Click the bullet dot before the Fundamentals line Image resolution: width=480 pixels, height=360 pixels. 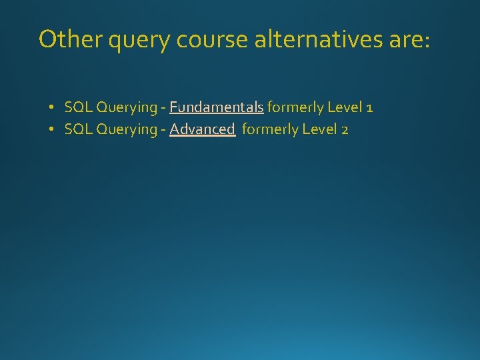point(51,107)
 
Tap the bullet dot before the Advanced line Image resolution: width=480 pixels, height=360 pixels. point(51,129)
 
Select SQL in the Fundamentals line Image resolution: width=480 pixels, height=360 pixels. point(79,107)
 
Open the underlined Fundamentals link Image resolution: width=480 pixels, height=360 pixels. point(216,107)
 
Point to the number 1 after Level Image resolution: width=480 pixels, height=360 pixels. point(369,107)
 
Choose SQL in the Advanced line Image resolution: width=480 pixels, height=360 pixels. point(79,129)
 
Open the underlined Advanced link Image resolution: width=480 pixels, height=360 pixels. point(202,129)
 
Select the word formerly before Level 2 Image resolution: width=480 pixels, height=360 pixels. point(271,130)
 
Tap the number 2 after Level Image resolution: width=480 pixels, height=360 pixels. point(344,129)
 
